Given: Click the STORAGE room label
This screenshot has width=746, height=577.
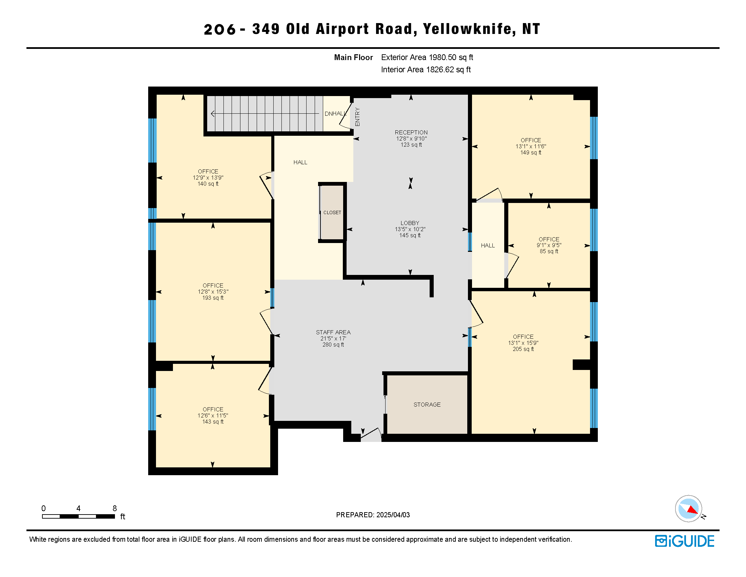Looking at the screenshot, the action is [x=427, y=405].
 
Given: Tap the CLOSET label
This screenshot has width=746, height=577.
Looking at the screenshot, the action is [x=332, y=212].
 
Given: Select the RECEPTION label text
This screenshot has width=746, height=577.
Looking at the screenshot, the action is [x=411, y=132].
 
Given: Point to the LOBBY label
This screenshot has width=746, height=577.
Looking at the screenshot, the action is [x=410, y=223].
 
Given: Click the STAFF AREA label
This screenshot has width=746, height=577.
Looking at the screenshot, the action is [x=333, y=332].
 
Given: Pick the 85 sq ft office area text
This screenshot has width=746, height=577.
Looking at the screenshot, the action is [x=549, y=251].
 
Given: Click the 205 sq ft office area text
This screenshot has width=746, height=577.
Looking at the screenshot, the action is [x=523, y=349].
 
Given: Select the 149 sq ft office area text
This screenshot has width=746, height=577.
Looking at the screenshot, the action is [x=531, y=152].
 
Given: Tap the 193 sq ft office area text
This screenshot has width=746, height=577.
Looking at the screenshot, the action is [x=213, y=298].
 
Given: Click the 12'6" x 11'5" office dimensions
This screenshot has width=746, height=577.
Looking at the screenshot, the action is [x=213, y=416].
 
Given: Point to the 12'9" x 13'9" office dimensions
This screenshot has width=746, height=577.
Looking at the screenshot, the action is [x=208, y=178].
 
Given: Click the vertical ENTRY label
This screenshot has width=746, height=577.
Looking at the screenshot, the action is [x=357, y=117].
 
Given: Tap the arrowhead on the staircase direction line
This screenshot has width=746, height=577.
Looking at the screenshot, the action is [x=213, y=113].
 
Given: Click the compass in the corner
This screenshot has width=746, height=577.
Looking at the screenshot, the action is [x=689, y=509].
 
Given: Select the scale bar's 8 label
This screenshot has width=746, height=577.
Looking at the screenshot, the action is [x=115, y=508].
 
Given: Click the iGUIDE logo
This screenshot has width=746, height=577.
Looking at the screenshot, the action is [x=685, y=541].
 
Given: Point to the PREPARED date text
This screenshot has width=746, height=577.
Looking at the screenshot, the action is [x=373, y=515].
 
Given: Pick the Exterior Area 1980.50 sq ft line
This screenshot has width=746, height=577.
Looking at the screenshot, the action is [x=427, y=57].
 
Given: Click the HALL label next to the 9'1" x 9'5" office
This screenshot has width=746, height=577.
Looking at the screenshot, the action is [x=488, y=245].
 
